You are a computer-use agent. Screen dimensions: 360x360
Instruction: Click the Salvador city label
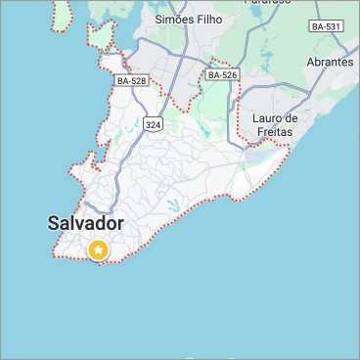[86, 223]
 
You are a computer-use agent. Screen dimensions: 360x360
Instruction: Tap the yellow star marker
[99, 250]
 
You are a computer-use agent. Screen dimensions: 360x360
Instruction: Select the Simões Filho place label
[189, 20]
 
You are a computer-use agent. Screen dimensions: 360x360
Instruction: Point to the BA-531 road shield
[327, 26]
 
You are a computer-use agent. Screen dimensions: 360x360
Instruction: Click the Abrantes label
[330, 62]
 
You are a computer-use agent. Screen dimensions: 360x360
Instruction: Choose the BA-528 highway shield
[132, 81]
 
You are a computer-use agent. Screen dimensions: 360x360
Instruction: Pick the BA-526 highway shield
[223, 74]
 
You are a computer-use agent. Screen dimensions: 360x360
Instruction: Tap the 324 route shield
[153, 124]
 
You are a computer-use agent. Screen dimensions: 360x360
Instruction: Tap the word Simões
[173, 20]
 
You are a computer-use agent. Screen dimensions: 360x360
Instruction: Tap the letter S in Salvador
[54, 223]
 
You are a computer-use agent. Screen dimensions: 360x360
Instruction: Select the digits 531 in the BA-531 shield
[333, 26]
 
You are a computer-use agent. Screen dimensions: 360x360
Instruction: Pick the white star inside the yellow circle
[99, 250]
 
